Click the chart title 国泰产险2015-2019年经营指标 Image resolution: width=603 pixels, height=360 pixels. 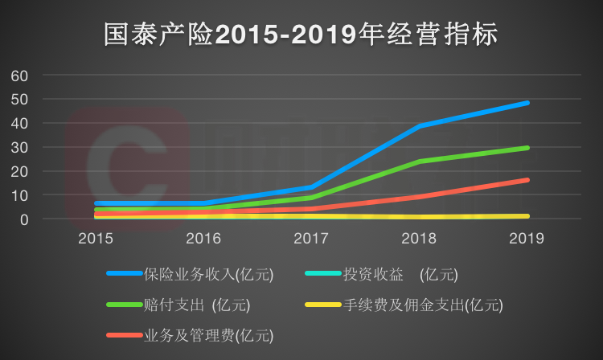click(301, 33)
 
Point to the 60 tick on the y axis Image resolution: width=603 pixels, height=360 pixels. click(19, 76)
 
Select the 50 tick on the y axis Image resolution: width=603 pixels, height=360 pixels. click(19, 100)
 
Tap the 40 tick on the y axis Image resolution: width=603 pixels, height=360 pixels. click(19, 124)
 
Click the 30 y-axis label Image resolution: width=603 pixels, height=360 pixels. click(19, 147)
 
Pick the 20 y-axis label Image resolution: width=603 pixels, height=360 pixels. click(19, 171)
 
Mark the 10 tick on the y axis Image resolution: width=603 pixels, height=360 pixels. click(19, 195)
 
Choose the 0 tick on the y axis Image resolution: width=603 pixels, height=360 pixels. click(24, 219)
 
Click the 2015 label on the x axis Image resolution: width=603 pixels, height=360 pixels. click(95, 239)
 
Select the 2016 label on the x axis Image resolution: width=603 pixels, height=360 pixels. click(203, 239)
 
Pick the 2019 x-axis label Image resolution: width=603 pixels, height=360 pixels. click(527, 239)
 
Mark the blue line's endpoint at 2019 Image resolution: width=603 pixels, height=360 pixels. click(527, 103)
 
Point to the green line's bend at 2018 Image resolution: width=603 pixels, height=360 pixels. click(419, 162)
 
